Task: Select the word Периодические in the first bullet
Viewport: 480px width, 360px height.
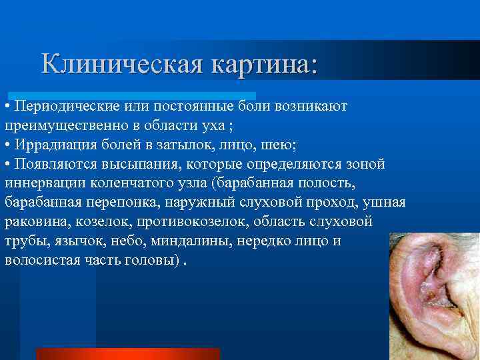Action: pos(66,107)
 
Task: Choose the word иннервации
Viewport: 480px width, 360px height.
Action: pos(43,183)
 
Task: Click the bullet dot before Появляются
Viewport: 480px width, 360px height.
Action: pos(7,165)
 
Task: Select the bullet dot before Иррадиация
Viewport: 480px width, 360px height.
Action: pos(7,145)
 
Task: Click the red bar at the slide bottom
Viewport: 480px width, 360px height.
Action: pos(127,353)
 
